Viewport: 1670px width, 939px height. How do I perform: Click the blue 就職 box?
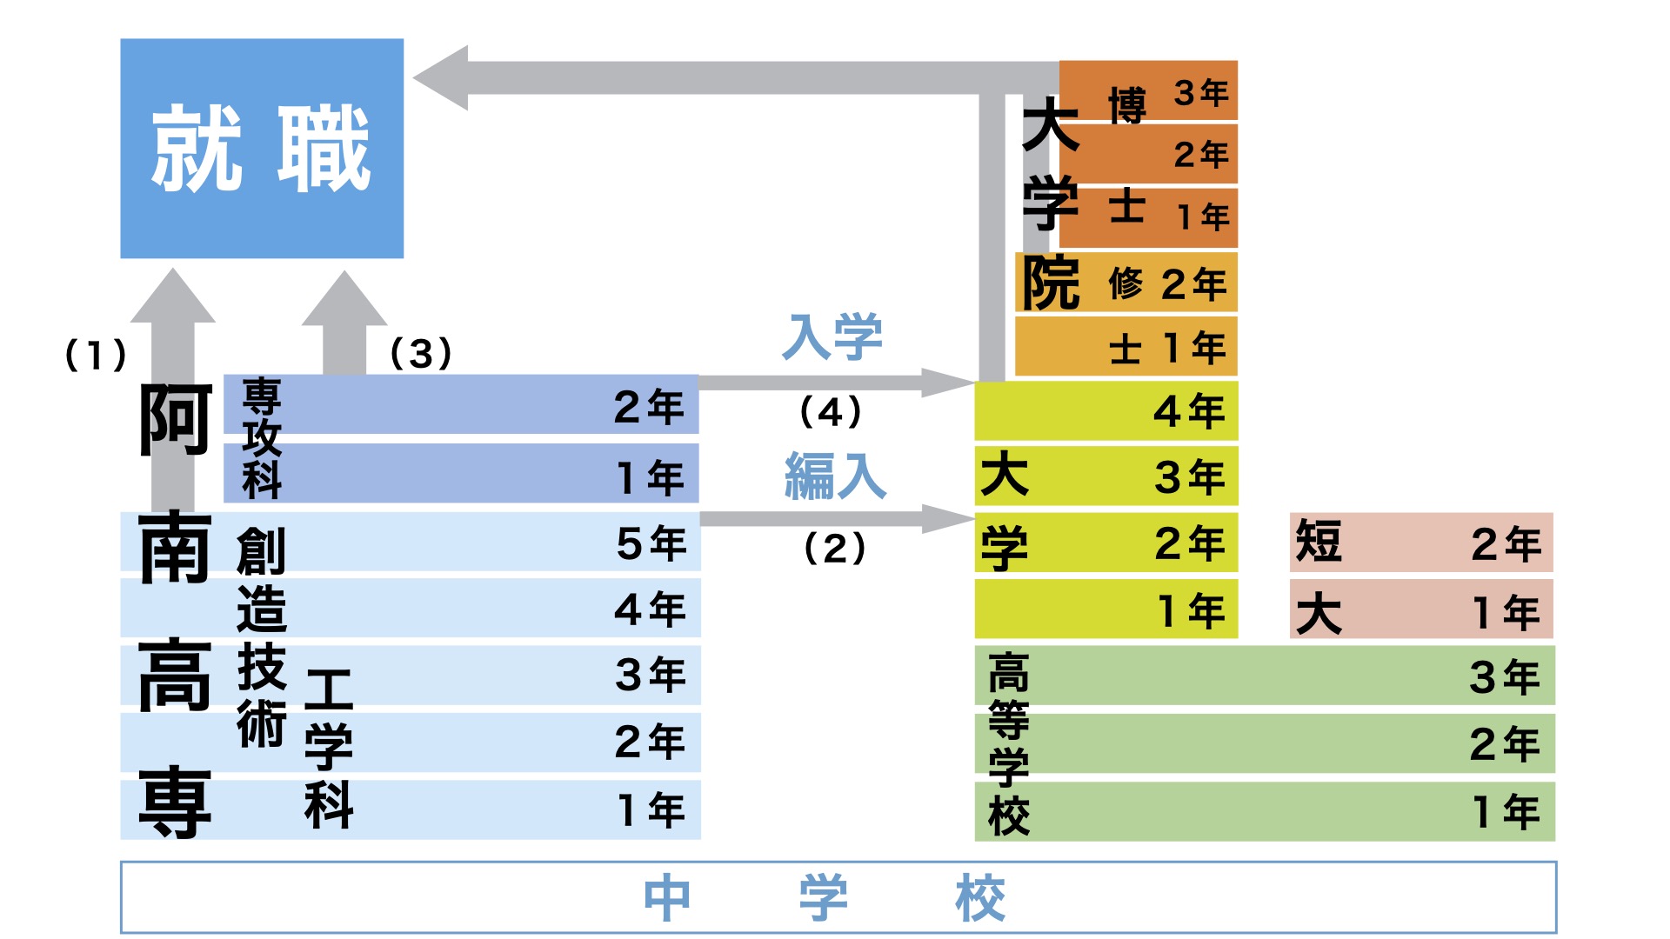pyautogui.click(x=262, y=148)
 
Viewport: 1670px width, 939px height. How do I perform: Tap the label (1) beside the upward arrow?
pyautogui.click(x=96, y=355)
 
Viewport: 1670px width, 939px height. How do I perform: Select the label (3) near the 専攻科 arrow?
pyautogui.click(x=421, y=353)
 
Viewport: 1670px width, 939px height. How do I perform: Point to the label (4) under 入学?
pyautogui.click(x=831, y=411)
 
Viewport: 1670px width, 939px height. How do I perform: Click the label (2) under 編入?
pyautogui.click(x=834, y=548)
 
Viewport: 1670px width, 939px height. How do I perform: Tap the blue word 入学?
pyautogui.click(x=832, y=337)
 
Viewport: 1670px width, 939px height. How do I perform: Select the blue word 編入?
pyautogui.click(x=835, y=476)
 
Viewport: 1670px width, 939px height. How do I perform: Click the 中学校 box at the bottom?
pyautogui.click(x=838, y=897)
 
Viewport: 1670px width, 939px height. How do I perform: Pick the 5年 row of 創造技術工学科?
pyautogui.click(x=411, y=542)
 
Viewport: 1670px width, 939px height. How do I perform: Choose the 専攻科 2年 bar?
pyautogui.click(x=461, y=404)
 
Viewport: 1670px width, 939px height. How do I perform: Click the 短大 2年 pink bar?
pyautogui.click(x=1421, y=543)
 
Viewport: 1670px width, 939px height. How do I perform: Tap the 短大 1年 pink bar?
pyautogui.click(x=1421, y=610)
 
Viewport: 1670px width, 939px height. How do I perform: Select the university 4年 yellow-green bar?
pyautogui.click(x=1106, y=410)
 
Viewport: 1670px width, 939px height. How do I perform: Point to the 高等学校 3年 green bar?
pyautogui.click(x=1265, y=676)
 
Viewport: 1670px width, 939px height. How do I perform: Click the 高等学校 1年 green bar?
pyautogui.click(x=1265, y=811)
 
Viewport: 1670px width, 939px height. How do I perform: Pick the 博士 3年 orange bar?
pyautogui.click(x=1148, y=90)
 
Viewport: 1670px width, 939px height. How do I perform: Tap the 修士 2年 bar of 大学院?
pyautogui.click(x=1126, y=283)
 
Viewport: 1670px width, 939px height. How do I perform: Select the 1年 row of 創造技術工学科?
pyautogui.click(x=411, y=809)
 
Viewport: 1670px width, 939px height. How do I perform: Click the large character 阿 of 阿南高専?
pyautogui.click(x=175, y=420)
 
